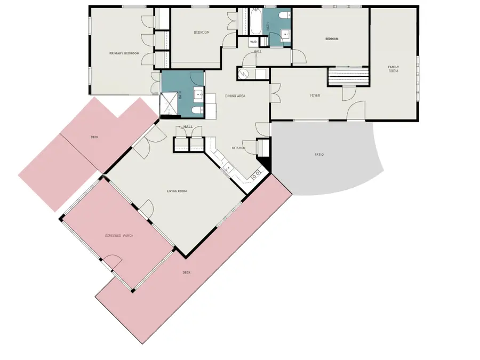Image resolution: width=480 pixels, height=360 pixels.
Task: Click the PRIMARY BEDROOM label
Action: pos(124,53)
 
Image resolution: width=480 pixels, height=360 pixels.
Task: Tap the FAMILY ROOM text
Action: pos(393,68)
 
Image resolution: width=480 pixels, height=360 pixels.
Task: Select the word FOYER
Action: pos(315,96)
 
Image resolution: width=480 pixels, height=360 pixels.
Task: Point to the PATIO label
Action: pos(319,155)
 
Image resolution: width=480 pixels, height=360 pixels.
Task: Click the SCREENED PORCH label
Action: pos(119,235)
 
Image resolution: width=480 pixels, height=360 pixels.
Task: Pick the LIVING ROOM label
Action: pos(177,191)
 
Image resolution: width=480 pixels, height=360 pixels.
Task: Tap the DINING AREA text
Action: pos(235,96)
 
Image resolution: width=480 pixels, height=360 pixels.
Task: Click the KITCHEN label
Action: pos(238,148)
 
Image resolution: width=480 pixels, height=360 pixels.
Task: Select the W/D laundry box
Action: pos(253,42)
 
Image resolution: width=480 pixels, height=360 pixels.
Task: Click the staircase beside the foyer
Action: pos(349,76)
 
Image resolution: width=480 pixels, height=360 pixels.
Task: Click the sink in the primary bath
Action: pos(198,95)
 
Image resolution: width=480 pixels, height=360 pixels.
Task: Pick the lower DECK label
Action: pos(187,273)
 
